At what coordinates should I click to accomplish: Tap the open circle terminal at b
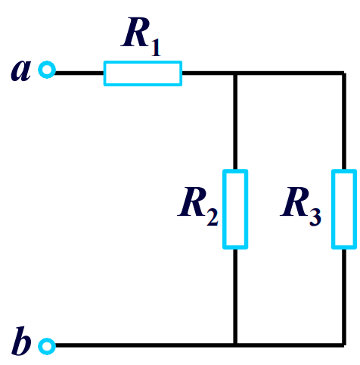[x=48, y=346]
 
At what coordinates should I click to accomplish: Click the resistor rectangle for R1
[x=143, y=73]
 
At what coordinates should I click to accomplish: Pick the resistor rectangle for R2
[x=235, y=210]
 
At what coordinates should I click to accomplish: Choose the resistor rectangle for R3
[x=344, y=210]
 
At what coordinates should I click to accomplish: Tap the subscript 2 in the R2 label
[x=212, y=218]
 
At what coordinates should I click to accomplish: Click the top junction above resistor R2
[x=235, y=73]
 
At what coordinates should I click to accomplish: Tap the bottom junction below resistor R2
[x=235, y=346]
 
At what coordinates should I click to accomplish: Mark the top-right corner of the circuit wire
[x=344, y=73]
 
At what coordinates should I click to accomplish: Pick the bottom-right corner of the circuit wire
[x=344, y=346]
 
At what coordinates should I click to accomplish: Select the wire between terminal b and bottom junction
[x=144, y=346]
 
